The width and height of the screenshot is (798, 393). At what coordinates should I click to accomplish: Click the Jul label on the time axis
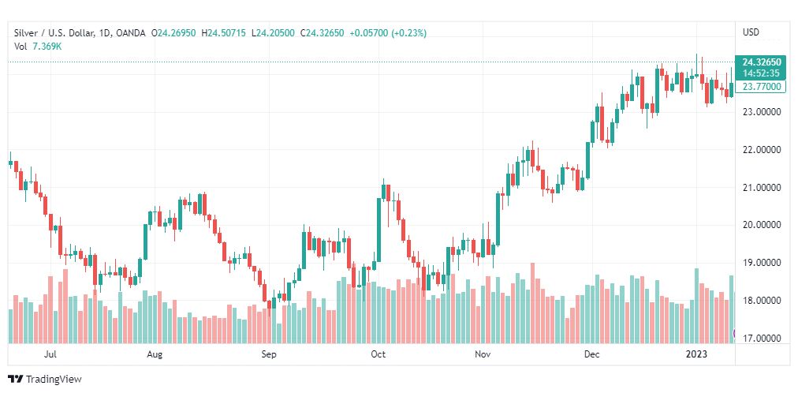coord(51,355)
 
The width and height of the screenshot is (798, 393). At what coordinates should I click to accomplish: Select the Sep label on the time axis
coord(270,355)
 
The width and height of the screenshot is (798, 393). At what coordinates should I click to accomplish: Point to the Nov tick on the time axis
coord(483,355)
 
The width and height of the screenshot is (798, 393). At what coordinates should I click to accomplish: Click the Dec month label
coord(591,355)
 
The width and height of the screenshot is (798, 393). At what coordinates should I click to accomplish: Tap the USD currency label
coord(751,32)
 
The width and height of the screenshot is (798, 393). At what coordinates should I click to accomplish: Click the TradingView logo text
coord(53,380)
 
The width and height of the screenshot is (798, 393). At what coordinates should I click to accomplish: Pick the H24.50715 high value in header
coord(225,32)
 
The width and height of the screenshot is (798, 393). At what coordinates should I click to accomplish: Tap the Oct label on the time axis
coord(378,355)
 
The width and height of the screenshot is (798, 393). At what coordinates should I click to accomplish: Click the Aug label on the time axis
coord(155,355)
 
